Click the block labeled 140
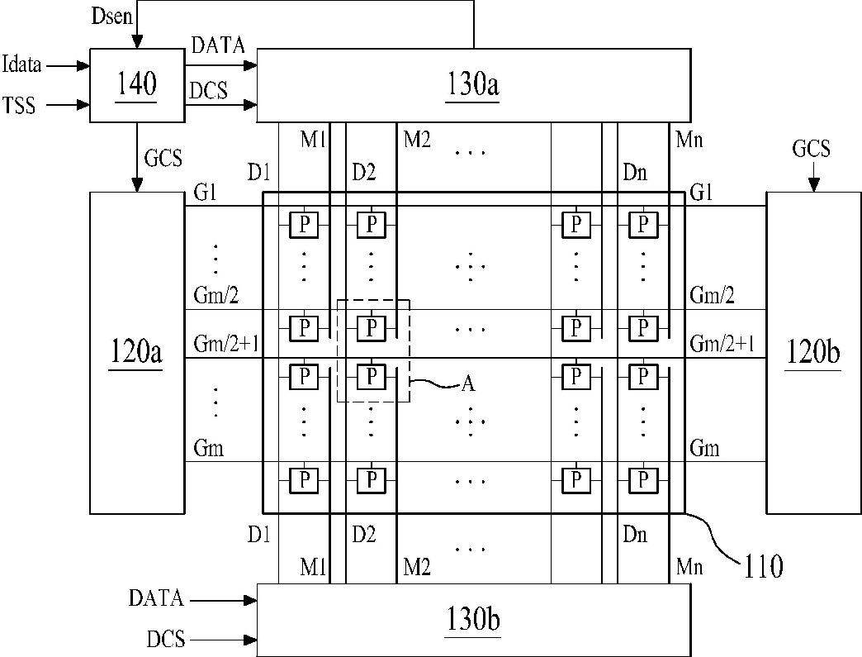click(137, 85)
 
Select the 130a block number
click(473, 85)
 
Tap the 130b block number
click(473, 620)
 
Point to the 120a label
click(136, 351)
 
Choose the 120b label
click(813, 351)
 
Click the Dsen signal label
click(112, 16)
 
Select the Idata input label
click(22, 64)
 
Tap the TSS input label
click(19, 105)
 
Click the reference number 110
click(763, 566)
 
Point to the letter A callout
click(468, 383)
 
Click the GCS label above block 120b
click(811, 149)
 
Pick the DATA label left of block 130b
click(156, 598)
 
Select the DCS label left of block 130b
click(165, 640)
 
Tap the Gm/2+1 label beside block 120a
click(226, 345)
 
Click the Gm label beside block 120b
click(705, 448)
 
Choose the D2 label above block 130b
click(364, 534)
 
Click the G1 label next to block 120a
click(205, 193)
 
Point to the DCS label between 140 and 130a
click(208, 90)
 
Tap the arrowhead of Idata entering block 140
click(84, 66)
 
